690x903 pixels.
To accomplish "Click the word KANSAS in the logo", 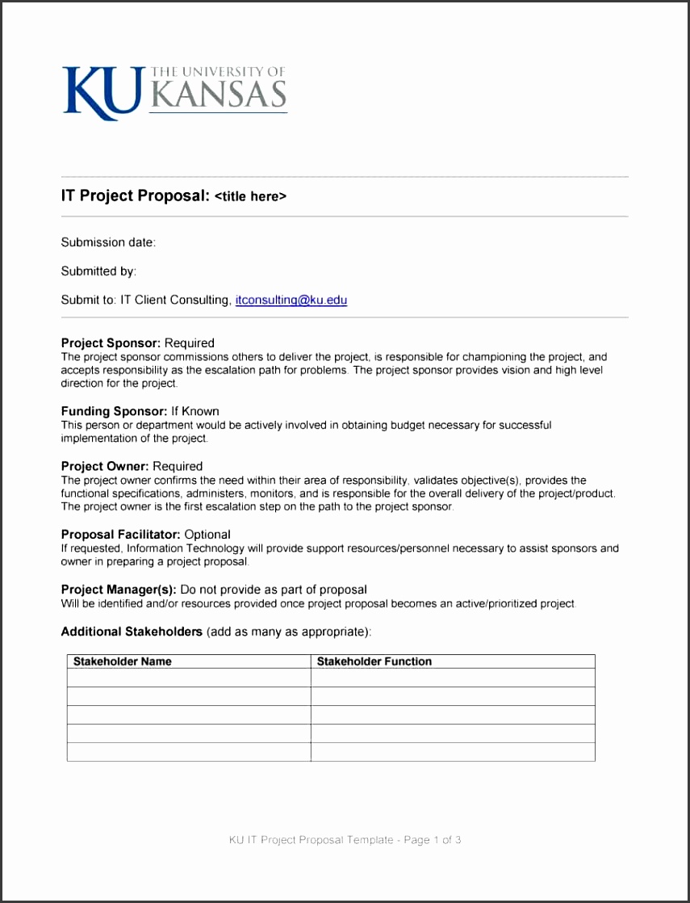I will pyautogui.click(x=218, y=95).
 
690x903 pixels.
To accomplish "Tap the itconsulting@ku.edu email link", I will pyautogui.click(x=291, y=300).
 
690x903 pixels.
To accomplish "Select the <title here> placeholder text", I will pyautogui.click(x=250, y=196).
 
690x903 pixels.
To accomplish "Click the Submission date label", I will pyautogui.click(x=108, y=242).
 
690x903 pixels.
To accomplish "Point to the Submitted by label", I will pyautogui.click(x=98, y=271).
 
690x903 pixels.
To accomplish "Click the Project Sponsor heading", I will pyautogui.click(x=111, y=342).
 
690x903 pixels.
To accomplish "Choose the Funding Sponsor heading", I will pyautogui.click(x=114, y=411).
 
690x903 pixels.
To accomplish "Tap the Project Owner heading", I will pyautogui.click(x=105, y=466).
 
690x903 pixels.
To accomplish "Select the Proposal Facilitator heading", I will pyautogui.click(x=121, y=534).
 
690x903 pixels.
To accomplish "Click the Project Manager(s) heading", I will pyautogui.click(x=119, y=589).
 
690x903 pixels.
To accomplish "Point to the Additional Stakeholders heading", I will pyautogui.click(x=132, y=632).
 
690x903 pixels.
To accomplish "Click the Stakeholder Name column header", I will pyautogui.click(x=123, y=661).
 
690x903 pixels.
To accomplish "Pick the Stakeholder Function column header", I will pyautogui.click(x=374, y=661).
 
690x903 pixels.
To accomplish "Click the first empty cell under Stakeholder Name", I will pyautogui.click(x=189, y=678).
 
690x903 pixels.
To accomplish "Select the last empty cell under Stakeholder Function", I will pyautogui.click(x=453, y=752).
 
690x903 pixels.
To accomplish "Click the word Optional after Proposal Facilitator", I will pyautogui.click(x=207, y=534).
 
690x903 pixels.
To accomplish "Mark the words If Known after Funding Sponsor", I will pyautogui.click(x=195, y=411).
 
